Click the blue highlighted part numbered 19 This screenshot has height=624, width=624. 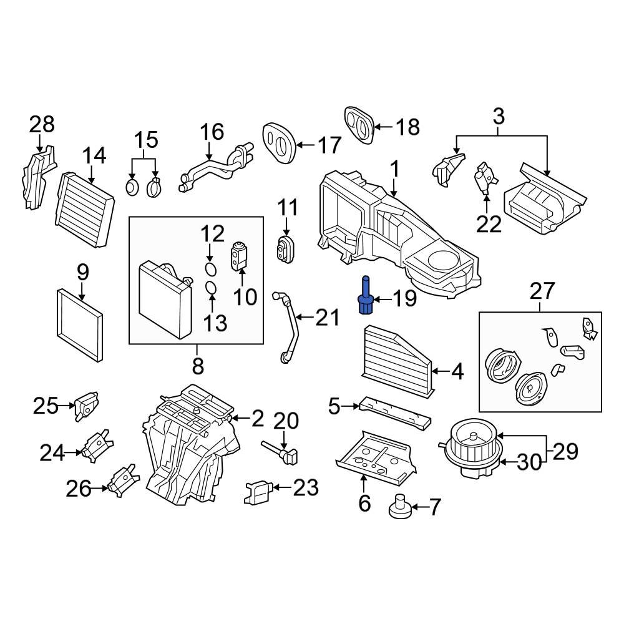pyautogui.click(x=366, y=298)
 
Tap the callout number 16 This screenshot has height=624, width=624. pyautogui.click(x=212, y=132)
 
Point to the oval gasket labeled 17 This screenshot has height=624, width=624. pyautogui.click(x=279, y=144)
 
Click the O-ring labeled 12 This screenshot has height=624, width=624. pyautogui.click(x=212, y=269)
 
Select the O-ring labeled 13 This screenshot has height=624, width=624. pyautogui.click(x=212, y=288)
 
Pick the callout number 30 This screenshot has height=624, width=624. pyautogui.click(x=530, y=462)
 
